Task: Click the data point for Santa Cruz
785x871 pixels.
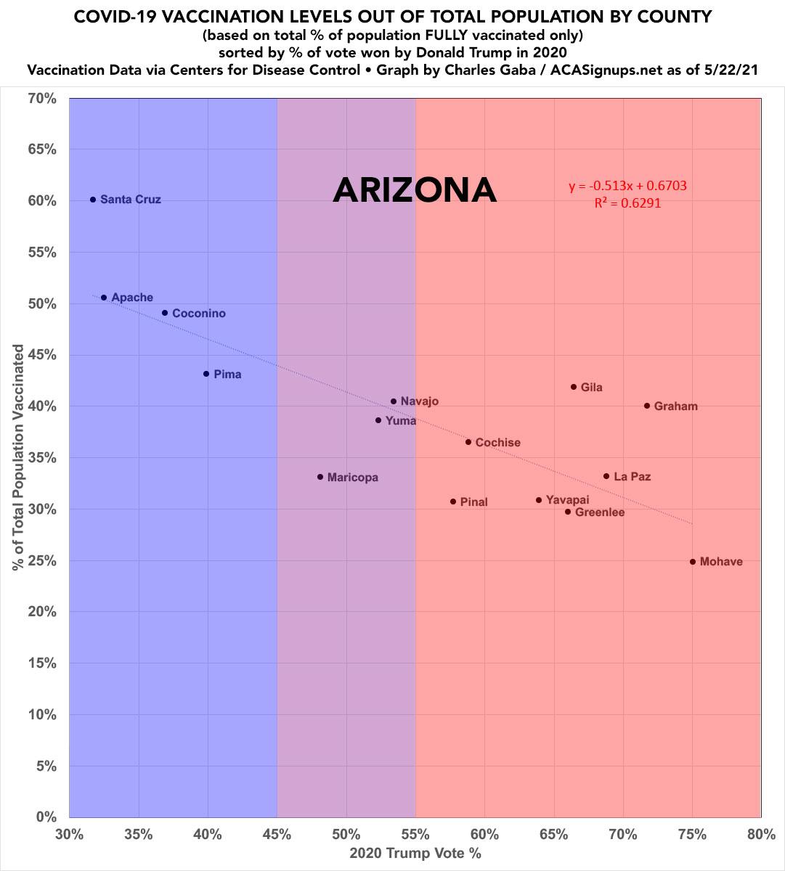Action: [93, 200]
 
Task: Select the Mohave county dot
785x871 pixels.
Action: [693, 562]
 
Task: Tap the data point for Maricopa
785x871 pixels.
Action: [320, 477]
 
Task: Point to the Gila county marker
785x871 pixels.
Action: [574, 387]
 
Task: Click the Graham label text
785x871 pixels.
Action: [675, 406]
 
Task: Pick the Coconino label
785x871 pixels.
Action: [198, 314]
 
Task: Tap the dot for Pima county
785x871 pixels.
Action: [206, 374]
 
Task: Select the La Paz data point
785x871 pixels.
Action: [606, 476]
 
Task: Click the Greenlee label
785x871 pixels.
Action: [599, 512]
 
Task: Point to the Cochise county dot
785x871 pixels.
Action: [468, 442]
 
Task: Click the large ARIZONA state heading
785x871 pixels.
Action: [415, 190]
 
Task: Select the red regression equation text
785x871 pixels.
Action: [627, 186]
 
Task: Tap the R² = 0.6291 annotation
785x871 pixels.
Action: [627, 204]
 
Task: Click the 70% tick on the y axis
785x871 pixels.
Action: [42, 98]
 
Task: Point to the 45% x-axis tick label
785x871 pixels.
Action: [277, 834]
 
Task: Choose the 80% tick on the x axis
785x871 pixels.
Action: [760, 834]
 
